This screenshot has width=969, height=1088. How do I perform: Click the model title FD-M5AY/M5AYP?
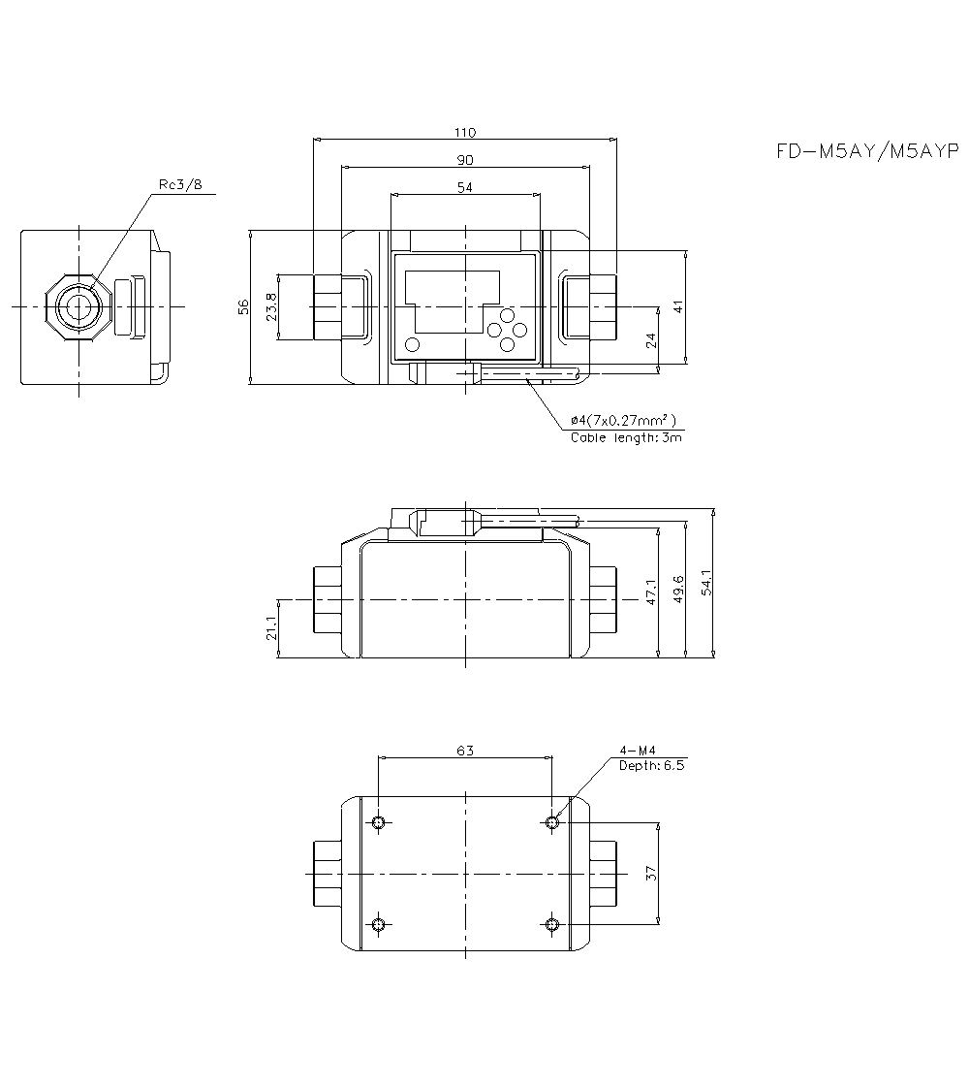point(866,151)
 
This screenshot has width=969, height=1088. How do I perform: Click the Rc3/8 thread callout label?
point(180,185)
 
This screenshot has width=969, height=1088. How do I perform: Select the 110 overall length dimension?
point(465,132)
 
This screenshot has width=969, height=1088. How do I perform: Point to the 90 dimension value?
point(465,159)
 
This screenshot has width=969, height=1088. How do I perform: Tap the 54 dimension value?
point(465,187)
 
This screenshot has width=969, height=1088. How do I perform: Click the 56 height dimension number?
point(244,306)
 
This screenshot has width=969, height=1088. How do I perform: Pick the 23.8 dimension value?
point(271,306)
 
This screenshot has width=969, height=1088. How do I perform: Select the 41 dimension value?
point(678,306)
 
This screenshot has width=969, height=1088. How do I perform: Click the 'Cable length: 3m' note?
point(626,437)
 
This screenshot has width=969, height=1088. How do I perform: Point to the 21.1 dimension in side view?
point(271,629)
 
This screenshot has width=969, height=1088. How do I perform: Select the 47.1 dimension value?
point(651,592)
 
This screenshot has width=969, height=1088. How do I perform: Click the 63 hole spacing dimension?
point(465,749)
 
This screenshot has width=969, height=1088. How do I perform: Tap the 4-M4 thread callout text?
point(638,751)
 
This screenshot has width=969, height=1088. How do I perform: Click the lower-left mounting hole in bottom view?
point(379,923)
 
